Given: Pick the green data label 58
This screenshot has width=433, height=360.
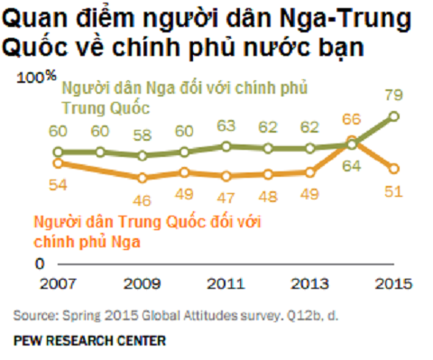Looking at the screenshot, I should point(143,134).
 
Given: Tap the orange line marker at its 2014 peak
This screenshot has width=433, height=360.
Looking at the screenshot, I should point(352,142).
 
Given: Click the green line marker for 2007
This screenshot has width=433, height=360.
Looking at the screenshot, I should point(59,152).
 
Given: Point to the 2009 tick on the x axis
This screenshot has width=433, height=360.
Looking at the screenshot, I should point(142,283).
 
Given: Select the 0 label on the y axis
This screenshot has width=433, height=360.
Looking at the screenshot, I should point(41,263).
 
